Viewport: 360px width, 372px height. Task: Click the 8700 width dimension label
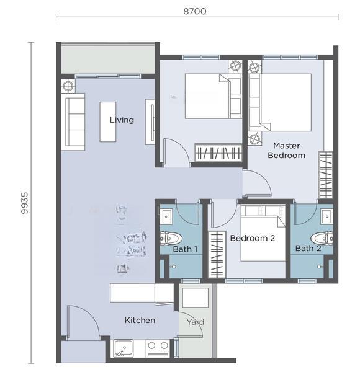tap(195, 11)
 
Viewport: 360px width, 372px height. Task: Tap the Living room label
tap(122, 120)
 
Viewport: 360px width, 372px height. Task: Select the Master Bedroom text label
tap(286, 151)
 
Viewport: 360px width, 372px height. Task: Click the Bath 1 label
tap(185, 249)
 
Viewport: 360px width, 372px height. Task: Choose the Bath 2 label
tap(308, 249)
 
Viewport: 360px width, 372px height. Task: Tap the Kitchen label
tap(140, 320)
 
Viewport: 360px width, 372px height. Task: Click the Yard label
tap(195, 322)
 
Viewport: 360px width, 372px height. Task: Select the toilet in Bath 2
tap(322, 238)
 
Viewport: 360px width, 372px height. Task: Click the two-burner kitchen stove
tap(158, 347)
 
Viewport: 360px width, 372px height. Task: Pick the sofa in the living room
tap(74, 122)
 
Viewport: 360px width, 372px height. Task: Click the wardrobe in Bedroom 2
tap(217, 255)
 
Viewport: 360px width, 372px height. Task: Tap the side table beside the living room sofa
tap(68, 86)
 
